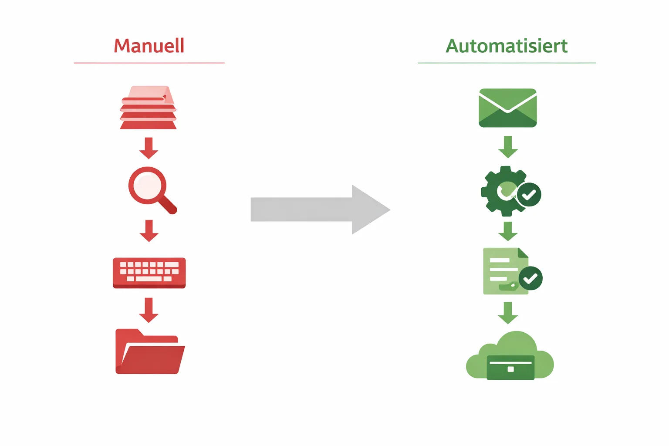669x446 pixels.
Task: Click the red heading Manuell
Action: tap(149, 46)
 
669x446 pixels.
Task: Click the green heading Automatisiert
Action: tap(507, 46)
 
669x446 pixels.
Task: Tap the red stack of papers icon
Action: tap(148, 108)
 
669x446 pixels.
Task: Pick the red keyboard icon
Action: tap(149, 273)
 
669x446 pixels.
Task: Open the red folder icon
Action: tap(149, 352)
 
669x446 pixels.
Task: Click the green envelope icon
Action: tap(507, 108)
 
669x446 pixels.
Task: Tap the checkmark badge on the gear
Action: tap(529, 195)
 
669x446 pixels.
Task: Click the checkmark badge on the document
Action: tap(530, 278)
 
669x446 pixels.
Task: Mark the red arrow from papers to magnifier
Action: tap(149, 148)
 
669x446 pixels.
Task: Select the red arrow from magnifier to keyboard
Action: tap(149, 231)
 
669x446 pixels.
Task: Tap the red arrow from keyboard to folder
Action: tap(149, 310)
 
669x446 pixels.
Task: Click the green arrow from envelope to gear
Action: tap(508, 147)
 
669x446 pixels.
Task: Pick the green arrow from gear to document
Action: tap(508, 231)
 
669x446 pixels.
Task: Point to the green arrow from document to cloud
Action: tap(508, 313)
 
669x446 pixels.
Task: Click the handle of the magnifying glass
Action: tap(168, 205)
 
